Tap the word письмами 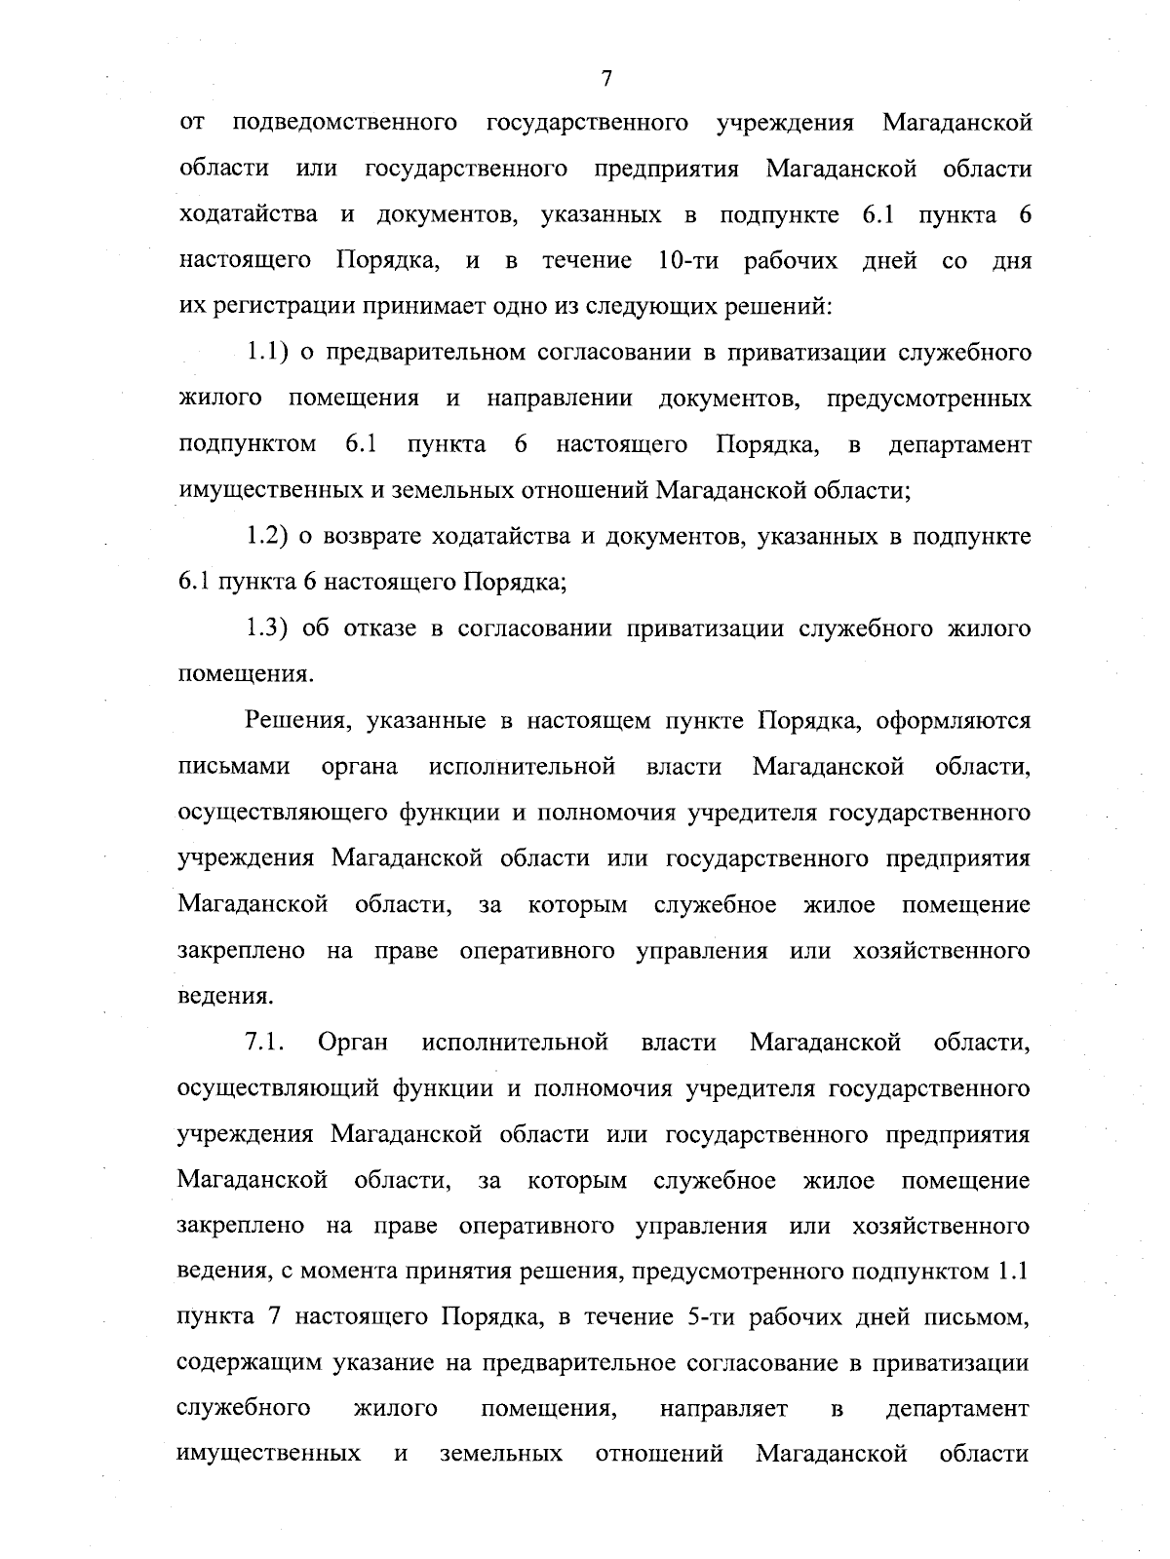[235, 767]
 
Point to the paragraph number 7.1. [263, 1043]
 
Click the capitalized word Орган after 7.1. [353, 1043]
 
